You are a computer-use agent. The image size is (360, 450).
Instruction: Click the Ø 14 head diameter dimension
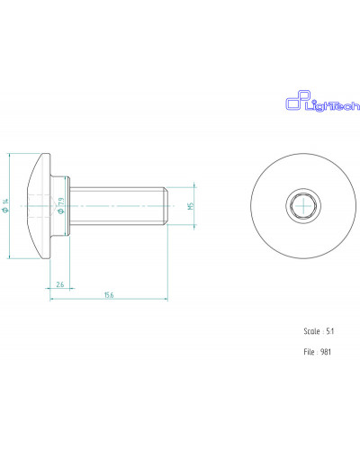tap(5, 206)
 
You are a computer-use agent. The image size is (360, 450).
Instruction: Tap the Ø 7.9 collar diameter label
tap(61, 206)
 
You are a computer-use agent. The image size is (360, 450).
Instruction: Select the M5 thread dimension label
tap(191, 206)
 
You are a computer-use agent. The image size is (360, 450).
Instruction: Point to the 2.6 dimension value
tap(60, 284)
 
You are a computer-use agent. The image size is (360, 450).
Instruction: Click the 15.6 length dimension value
tap(109, 295)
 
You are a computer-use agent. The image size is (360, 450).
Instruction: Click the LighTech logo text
tap(332, 105)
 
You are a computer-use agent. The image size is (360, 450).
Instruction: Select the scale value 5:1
tap(330, 331)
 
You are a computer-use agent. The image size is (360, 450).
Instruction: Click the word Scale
tap(311, 331)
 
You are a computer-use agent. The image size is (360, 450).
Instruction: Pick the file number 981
tap(326, 352)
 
